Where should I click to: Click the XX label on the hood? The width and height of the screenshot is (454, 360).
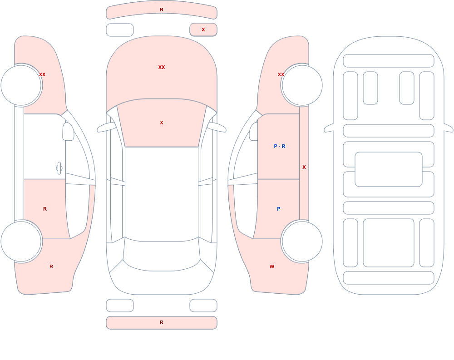point(162,67)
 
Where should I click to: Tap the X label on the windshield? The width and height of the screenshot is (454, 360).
point(162,123)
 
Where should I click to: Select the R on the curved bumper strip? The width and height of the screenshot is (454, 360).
point(162,10)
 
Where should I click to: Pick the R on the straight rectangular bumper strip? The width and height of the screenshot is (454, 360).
point(162,322)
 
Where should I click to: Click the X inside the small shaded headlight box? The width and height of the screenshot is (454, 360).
point(203,30)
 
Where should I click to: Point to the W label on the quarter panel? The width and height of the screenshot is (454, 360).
point(272,266)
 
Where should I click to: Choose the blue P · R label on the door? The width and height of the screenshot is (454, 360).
point(279,146)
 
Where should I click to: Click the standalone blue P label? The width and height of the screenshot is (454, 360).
point(279,209)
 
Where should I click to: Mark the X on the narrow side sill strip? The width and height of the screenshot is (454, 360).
point(304,167)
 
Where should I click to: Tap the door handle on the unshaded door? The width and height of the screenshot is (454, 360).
point(59,168)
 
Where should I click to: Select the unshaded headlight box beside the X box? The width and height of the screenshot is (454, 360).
point(120,30)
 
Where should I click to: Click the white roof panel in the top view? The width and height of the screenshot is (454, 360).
point(162,194)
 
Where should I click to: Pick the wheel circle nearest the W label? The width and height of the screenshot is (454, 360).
point(302,242)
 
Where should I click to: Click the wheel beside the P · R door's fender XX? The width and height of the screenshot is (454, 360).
point(302,85)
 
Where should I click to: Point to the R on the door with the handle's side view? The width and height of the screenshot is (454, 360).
point(45,209)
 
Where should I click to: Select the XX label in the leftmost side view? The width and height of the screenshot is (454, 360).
point(42,74)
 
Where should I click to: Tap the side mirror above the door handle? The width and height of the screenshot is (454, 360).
point(68,132)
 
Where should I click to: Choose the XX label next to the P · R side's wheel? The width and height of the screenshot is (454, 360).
point(281,74)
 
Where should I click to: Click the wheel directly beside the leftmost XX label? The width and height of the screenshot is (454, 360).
point(21,85)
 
